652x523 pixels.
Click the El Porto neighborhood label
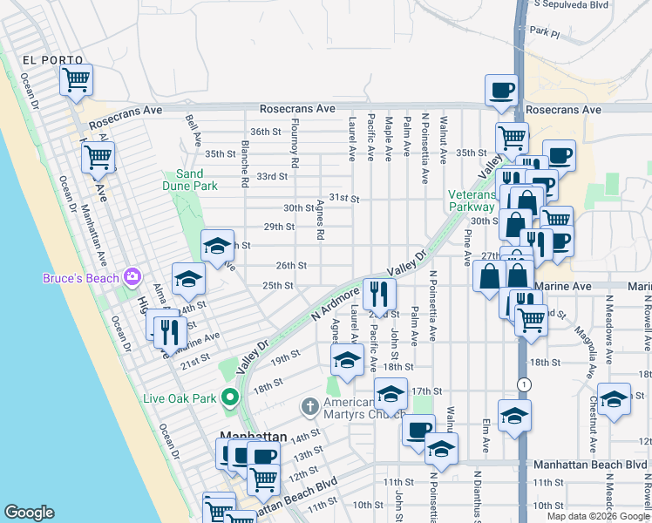(51, 60)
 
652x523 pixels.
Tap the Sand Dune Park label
(190, 180)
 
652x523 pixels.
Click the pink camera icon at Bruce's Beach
(132, 278)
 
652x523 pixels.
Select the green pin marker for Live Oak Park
(230, 398)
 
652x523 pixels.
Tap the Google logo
(29, 513)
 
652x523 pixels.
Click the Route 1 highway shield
(523, 384)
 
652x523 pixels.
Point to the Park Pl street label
(567, 31)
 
